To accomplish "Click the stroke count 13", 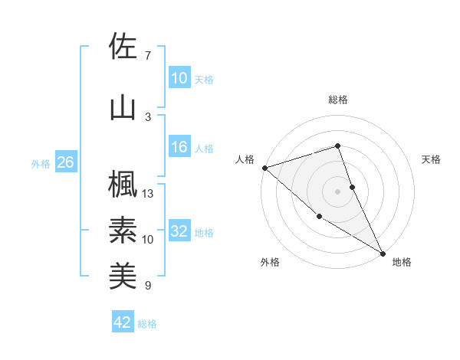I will coord(148,194).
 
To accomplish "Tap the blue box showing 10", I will coord(179,78).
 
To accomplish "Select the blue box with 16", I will coord(179,148).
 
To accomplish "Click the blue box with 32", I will coord(179,231).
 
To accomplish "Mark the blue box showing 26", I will coord(65,162).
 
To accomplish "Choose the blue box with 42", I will coord(123,322).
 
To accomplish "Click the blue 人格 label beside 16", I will coord(204,149).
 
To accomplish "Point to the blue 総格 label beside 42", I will coord(147,323).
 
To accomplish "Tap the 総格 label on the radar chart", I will coord(338,100).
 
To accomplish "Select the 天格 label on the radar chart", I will coord(432,159).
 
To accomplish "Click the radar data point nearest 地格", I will coord(383,252).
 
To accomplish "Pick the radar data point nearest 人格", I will coord(264,167).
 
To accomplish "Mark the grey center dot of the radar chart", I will coord(338,191).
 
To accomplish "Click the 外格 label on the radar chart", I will coord(270,262).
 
